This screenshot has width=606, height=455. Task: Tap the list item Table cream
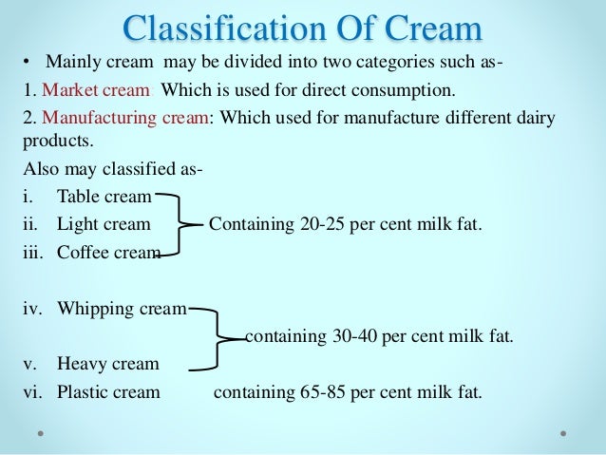(x=104, y=197)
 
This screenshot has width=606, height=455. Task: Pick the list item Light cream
(x=104, y=224)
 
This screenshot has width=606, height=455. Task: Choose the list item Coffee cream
(x=108, y=252)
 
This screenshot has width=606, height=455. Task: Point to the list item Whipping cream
(x=123, y=308)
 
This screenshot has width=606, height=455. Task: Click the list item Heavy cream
(x=107, y=364)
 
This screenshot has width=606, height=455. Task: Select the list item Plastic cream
(x=108, y=391)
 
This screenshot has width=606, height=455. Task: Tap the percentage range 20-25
(x=314, y=224)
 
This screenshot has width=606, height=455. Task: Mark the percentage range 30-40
(x=350, y=336)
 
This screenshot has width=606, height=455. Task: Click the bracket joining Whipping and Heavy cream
(x=218, y=336)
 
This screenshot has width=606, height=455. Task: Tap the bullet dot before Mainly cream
(x=28, y=64)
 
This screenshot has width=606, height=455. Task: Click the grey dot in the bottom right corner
(x=563, y=433)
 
